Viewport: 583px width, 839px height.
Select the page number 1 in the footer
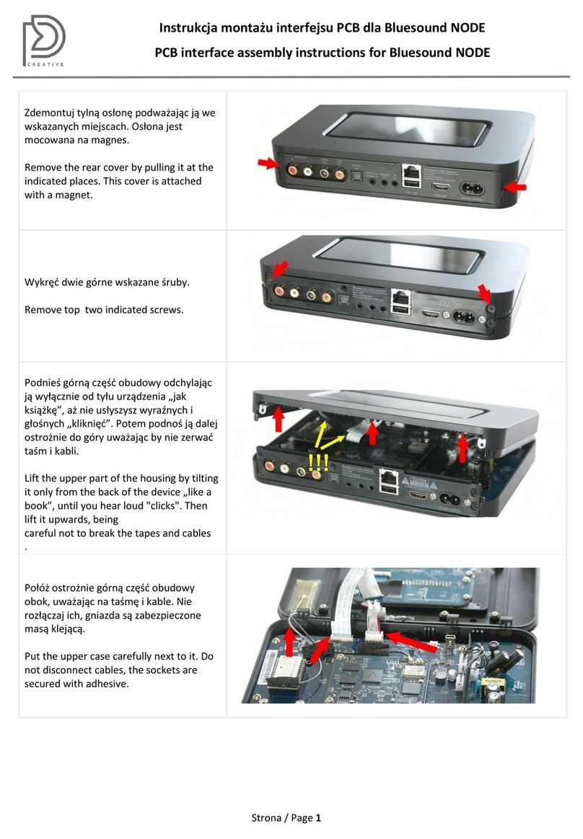click(318, 817)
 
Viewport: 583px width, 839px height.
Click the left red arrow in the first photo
click(268, 163)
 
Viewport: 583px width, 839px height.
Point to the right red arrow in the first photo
click(514, 187)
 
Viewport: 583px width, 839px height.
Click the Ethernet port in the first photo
click(411, 173)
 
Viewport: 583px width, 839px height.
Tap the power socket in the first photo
click(472, 188)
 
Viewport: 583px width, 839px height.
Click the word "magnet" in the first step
click(74, 195)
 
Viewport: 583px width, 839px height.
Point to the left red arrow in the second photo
click(279, 269)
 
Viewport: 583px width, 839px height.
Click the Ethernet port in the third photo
click(388, 476)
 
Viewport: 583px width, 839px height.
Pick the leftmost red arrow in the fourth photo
click(289, 643)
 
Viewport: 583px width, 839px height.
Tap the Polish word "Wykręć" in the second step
click(41, 283)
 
